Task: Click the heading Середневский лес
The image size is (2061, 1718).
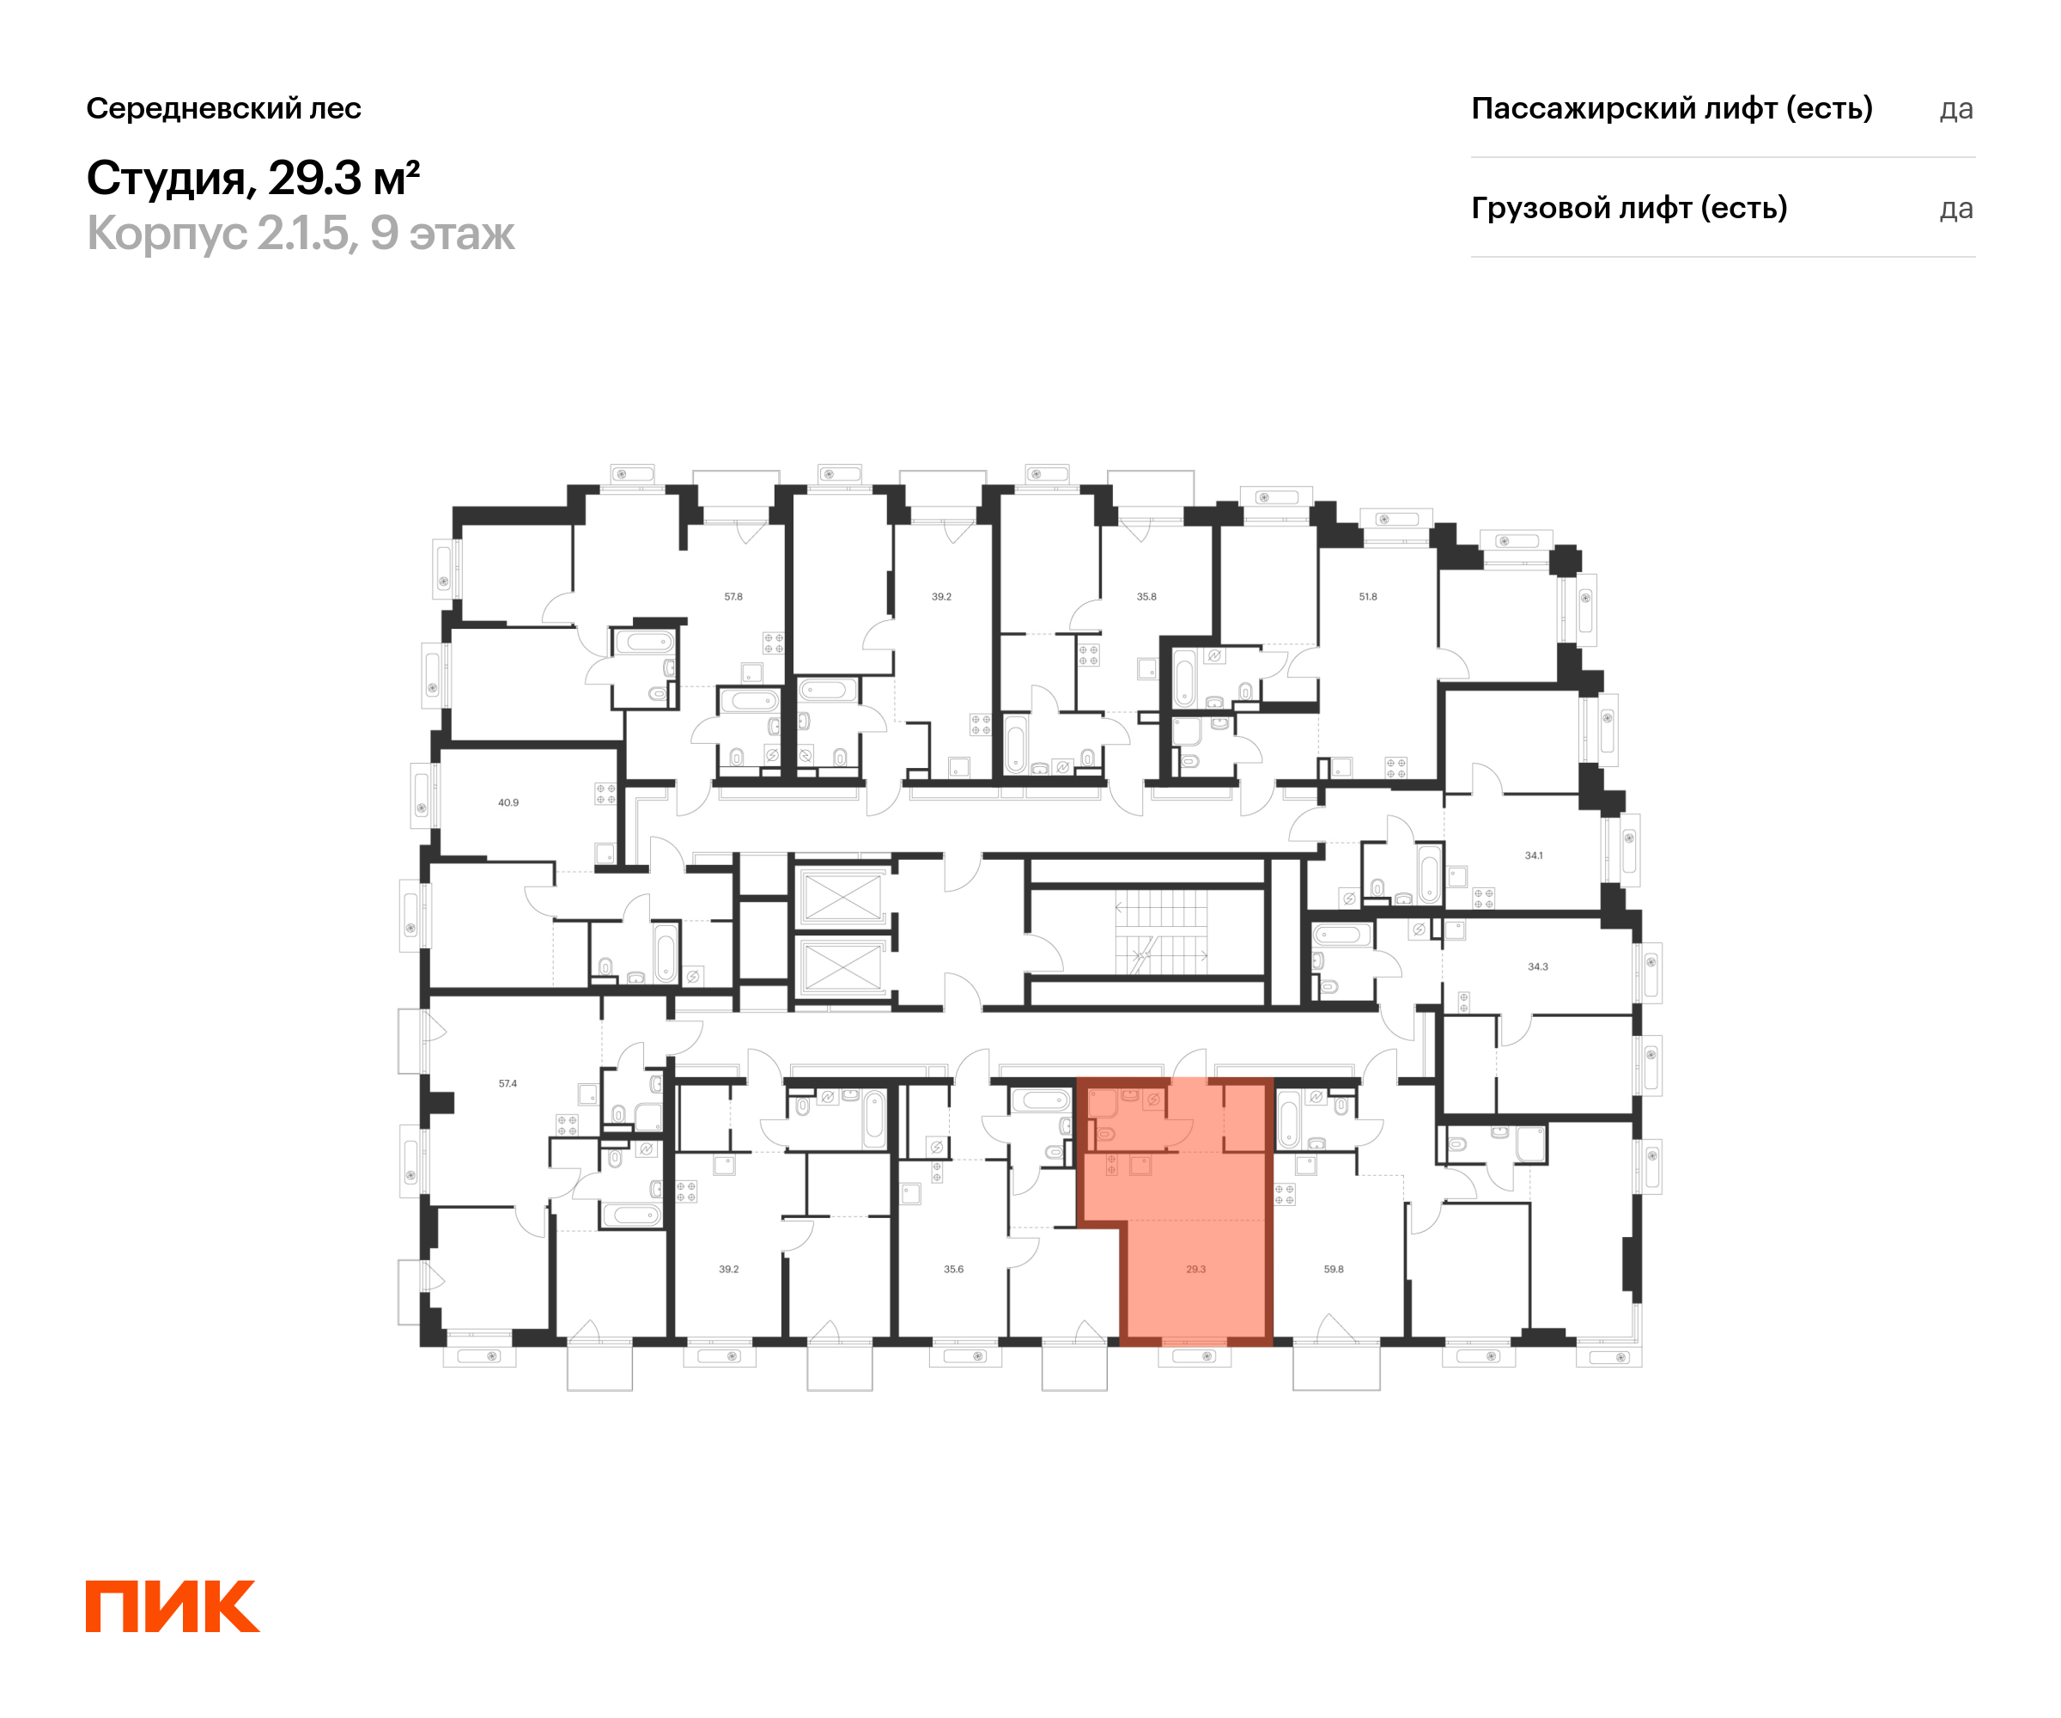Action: pos(224,108)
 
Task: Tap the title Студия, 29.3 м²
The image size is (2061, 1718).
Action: pos(253,178)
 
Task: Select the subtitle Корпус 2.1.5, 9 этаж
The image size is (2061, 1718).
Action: pos(301,234)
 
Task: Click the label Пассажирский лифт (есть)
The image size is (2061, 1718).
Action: pos(1671,108)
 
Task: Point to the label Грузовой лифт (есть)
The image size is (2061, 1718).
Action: pos(1628,208)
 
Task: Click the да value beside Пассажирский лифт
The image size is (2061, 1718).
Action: pos(1955,109)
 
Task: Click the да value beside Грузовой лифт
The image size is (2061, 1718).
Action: pos(1955,209)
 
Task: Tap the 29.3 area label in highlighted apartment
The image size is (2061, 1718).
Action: pos(1195,1270)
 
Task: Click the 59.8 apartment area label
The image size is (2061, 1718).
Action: pos(1333,1270)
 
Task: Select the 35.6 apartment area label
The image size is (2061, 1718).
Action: pos(953,1270)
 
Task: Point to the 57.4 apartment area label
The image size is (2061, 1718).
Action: pos(508,1084)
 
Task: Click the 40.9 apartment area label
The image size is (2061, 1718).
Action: pos(508,802)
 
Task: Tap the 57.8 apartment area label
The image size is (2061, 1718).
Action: pos(733,597)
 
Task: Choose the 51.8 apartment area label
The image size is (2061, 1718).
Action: pos(1367,597)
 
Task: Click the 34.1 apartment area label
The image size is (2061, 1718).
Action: pos(1533,855)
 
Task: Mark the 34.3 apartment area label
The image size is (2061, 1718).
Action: pos(1537,967)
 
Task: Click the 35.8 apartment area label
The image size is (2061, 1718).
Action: pos(1146,597)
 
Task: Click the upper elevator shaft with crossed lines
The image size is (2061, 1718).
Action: pos(842,896)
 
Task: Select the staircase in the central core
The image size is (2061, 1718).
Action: pos(1161,932)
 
